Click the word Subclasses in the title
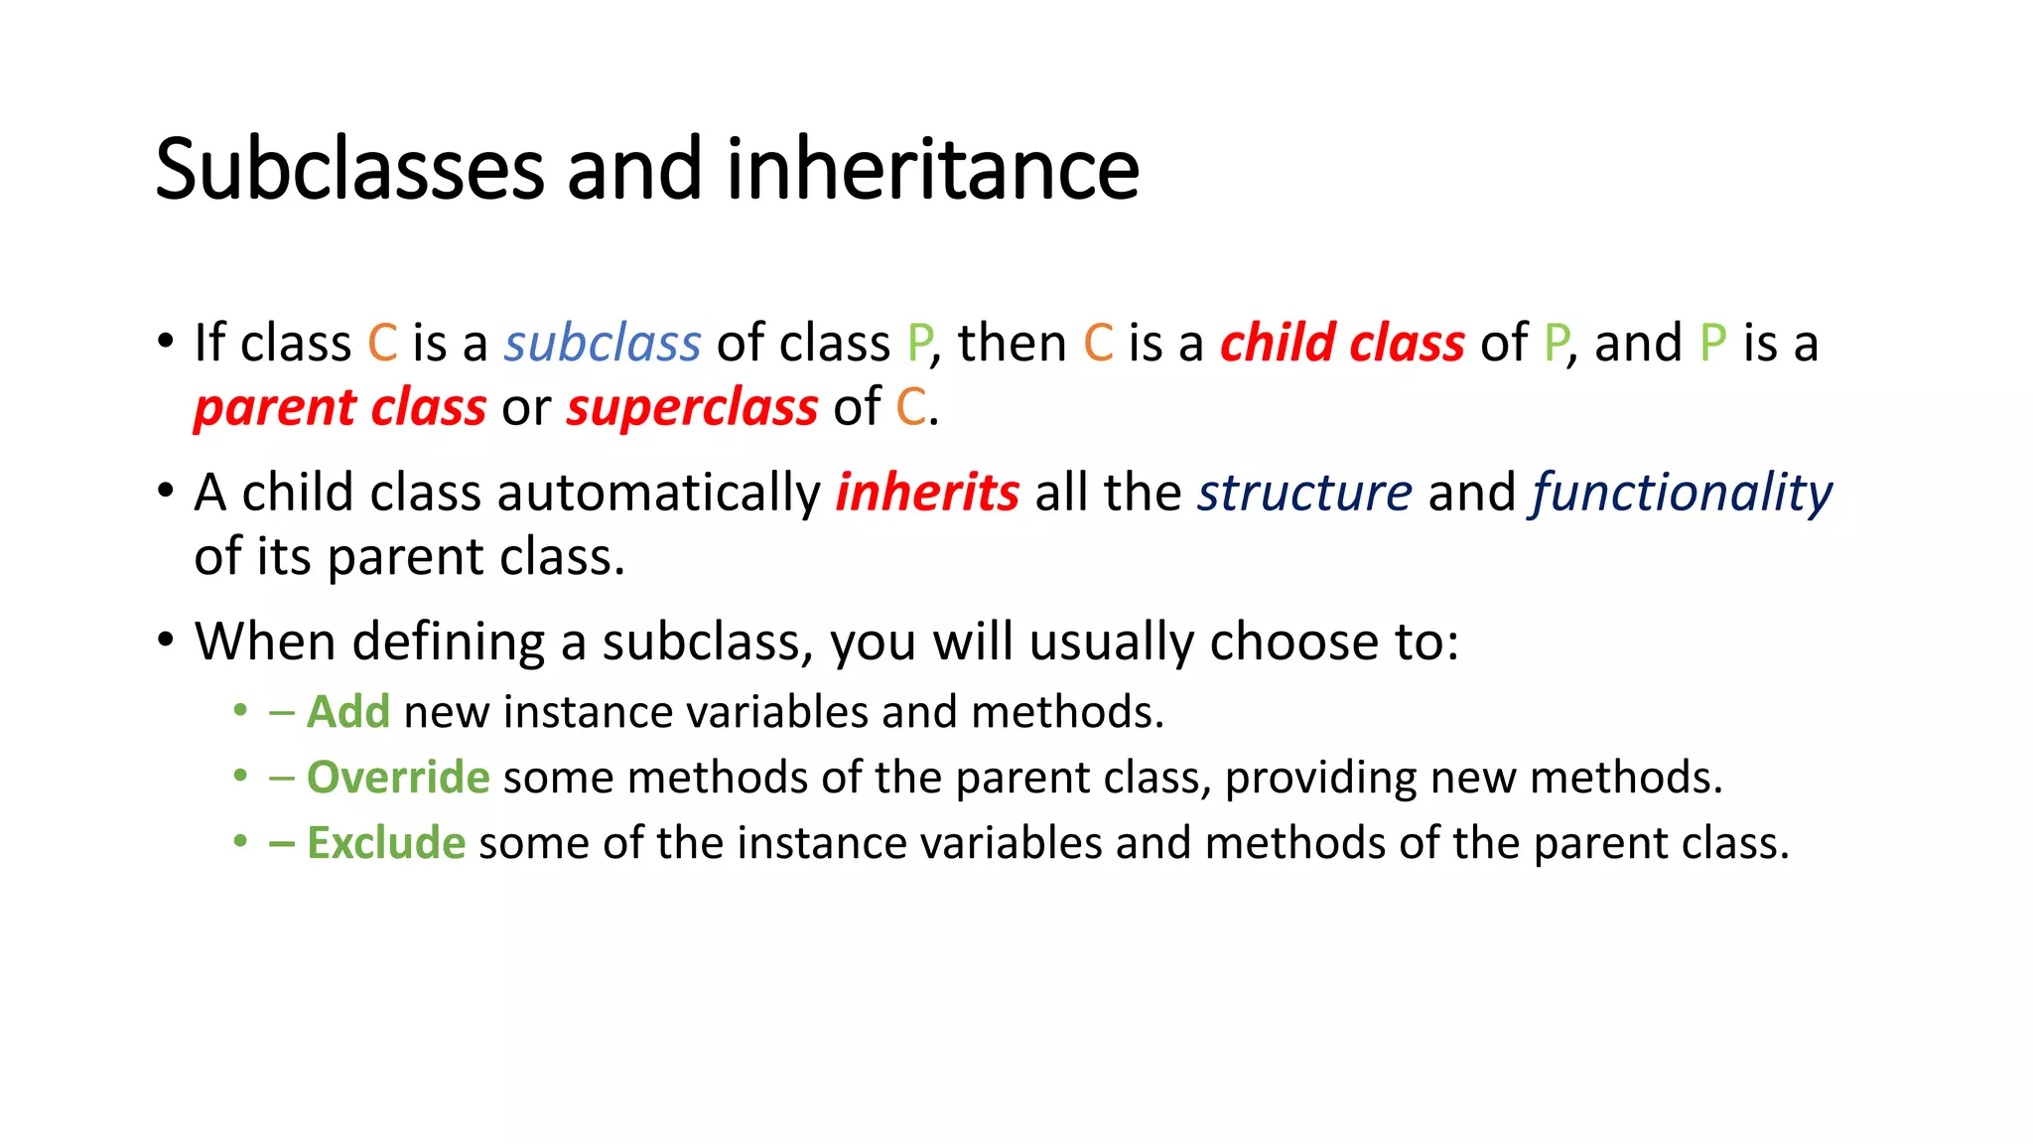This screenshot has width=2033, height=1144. (x=349, y=169)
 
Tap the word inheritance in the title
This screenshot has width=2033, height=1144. (x=933, y=169)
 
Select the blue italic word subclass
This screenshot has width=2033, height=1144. (x=603, y=344)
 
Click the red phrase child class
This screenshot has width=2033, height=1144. (x=1342, y=344)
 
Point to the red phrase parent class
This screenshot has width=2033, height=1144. (x=339, y=408)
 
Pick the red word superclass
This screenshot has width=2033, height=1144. (x=692, y=408)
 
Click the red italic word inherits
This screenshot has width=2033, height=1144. (x=927, y=493)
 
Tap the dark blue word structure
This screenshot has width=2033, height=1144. (x=1304, y=493)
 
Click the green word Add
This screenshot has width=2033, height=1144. (x=348, y=712)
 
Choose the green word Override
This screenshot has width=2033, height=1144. (x=398, y=778)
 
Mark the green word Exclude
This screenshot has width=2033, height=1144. (x=386, y=843)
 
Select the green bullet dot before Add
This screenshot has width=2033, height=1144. (x=239, y=711)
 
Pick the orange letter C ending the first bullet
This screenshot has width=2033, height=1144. (x=910, y=408)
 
